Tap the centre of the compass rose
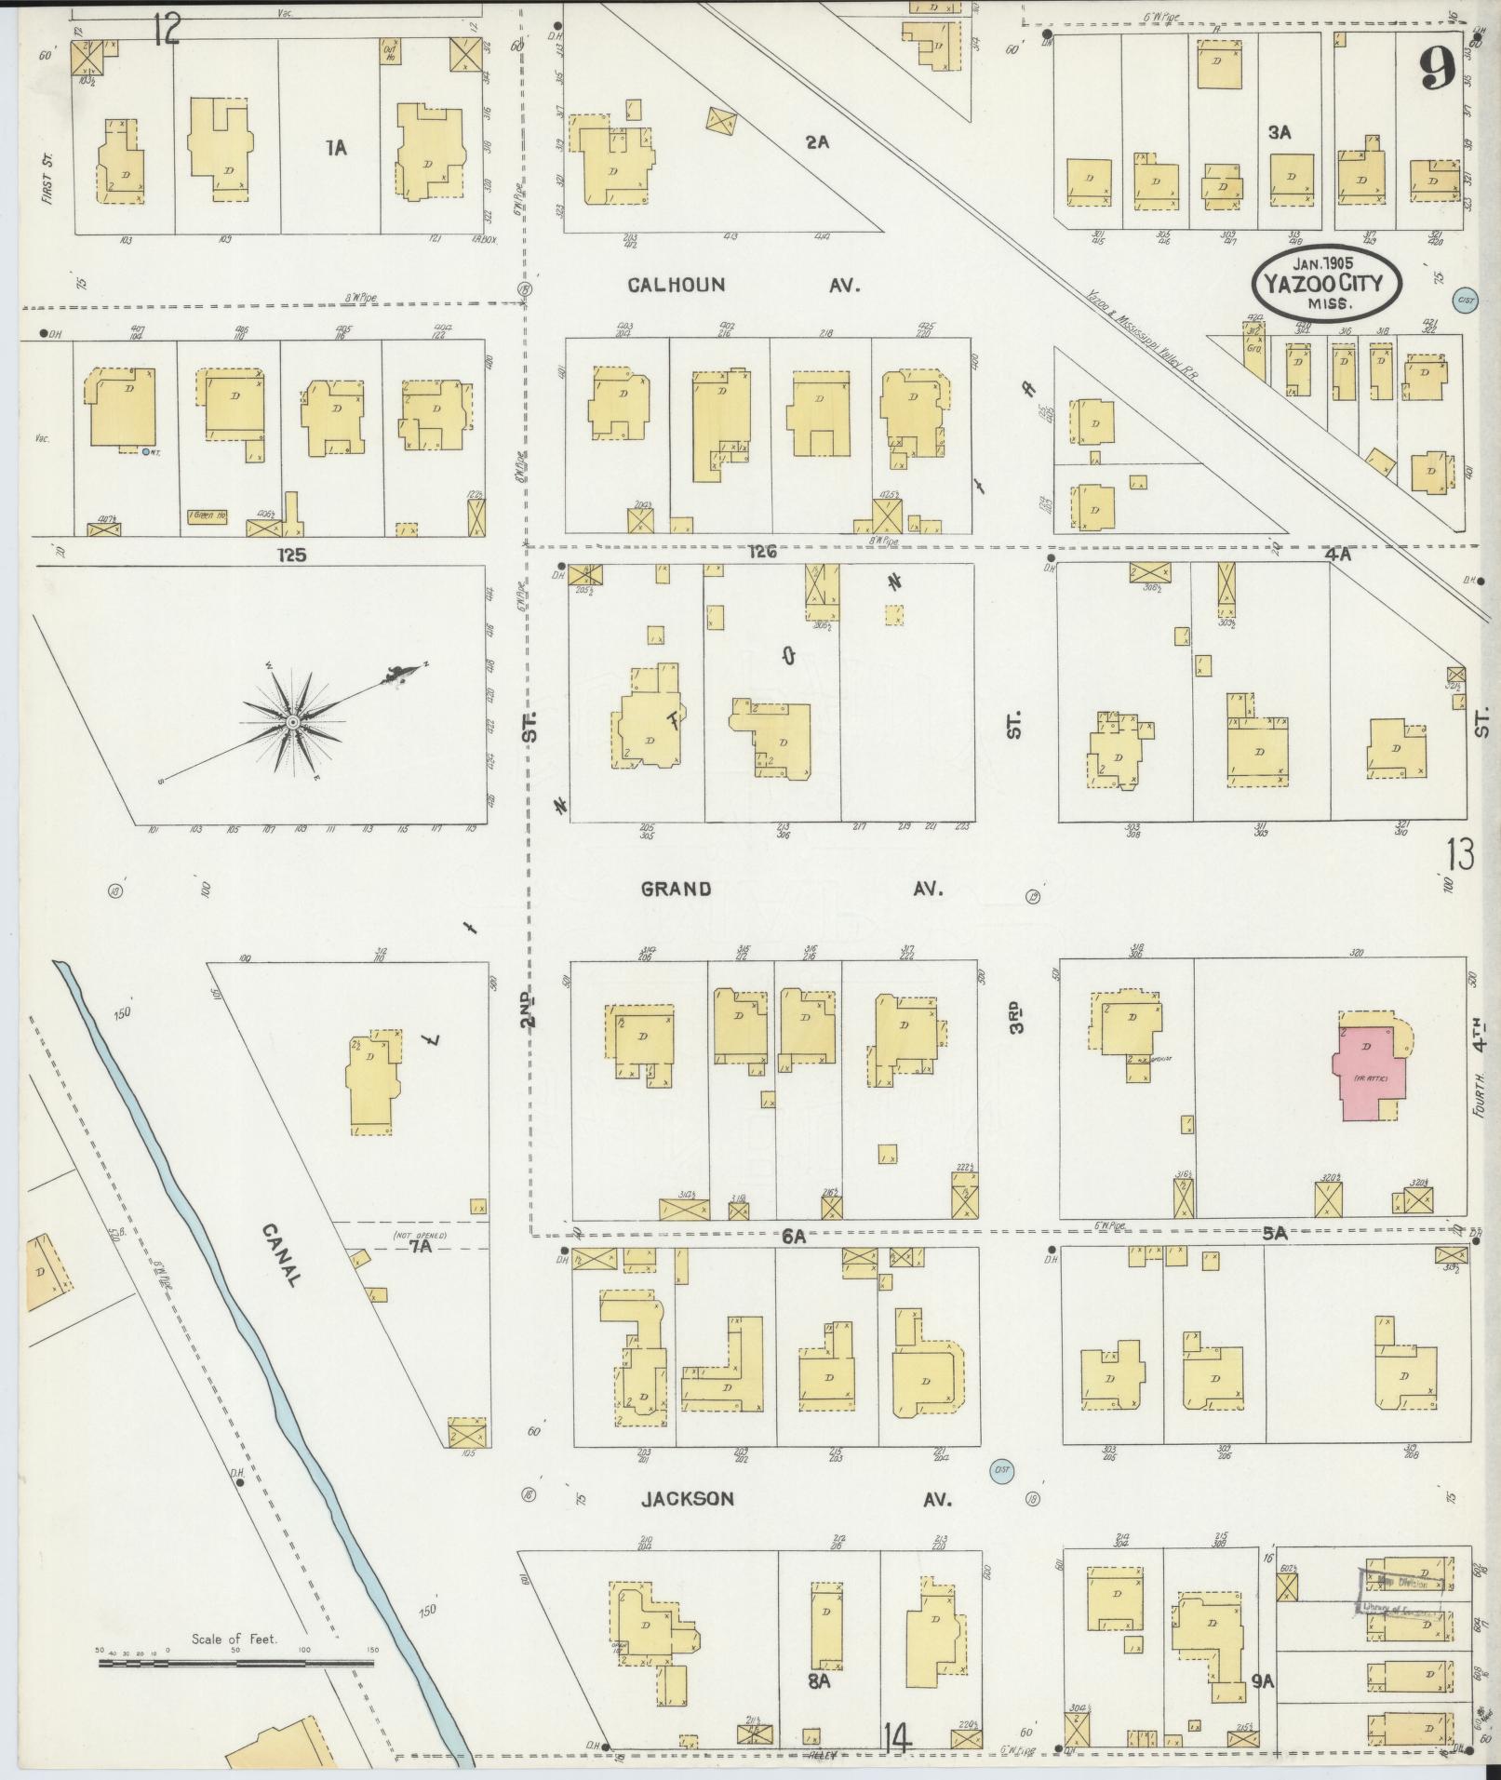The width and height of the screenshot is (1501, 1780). (292, 722)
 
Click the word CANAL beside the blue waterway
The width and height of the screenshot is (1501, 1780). (279, 1254)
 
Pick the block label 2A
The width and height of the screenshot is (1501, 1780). (817, 142)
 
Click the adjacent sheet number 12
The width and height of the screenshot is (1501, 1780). (167, 32)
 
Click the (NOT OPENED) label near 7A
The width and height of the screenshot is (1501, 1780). (421, 1235)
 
